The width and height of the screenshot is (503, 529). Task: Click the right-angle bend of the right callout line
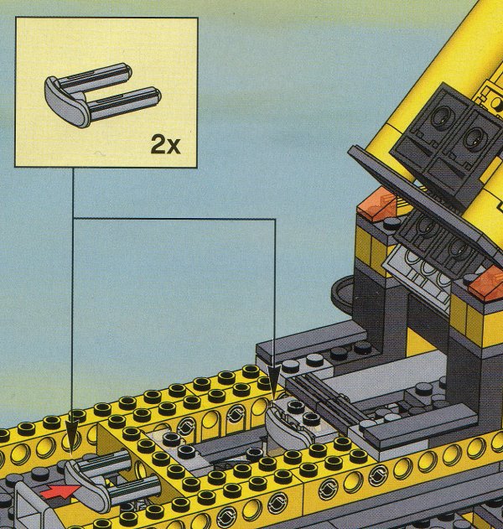coord(276,220)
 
